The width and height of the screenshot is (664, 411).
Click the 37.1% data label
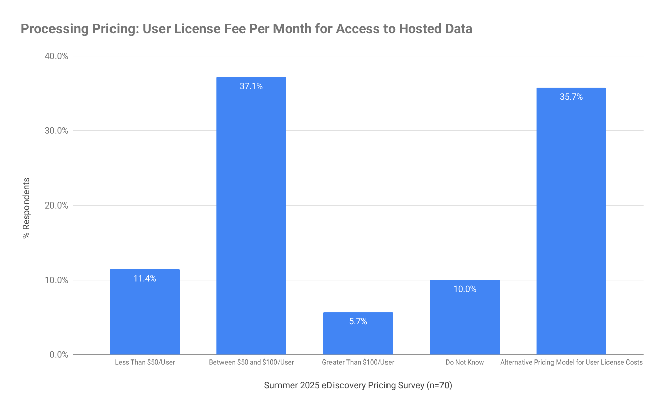pos(251,86)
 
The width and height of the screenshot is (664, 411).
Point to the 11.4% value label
pos(145,278)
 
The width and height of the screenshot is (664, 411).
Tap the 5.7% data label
pos(358,321)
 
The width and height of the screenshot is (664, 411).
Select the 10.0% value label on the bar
pos(465,289)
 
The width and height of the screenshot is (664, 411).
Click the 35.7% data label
pos(571,97)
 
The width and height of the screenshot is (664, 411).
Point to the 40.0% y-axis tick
pos(57,56)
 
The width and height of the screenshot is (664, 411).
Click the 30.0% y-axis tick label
pos(57,131)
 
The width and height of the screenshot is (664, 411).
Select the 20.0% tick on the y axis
pos(57,206)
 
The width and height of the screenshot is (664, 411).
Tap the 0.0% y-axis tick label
pos(59,355)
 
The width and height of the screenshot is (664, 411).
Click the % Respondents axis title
pos(27,208)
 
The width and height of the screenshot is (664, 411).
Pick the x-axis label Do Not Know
pos(465,362)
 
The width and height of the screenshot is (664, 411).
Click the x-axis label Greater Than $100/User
pos(358,362)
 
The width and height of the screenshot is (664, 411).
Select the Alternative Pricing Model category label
pos(571,362)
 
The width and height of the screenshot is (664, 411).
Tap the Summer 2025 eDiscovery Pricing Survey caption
pos(358,386)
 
